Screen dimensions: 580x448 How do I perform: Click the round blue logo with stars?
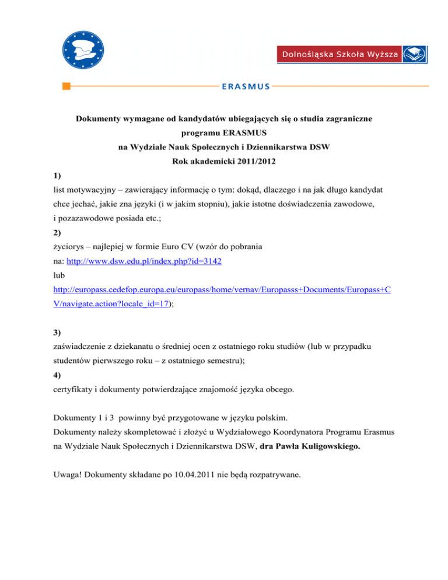click(x=86, y=46)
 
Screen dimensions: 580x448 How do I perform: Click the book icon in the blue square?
click(x=416, y=55)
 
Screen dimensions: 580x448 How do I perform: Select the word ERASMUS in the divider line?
click(x=246, y=87)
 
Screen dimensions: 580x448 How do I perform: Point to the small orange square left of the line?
click(x=66, y=87)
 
